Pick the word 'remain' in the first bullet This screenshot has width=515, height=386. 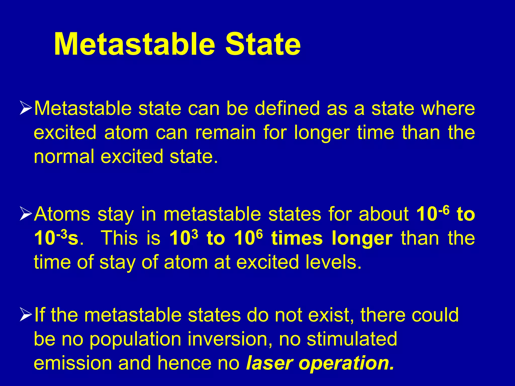(225, 133)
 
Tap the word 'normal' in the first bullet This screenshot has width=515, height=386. (64, 157)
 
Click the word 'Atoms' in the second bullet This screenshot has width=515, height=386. (62, 214)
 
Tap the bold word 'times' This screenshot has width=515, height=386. (297, 238)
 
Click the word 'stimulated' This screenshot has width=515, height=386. (352, 339)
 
